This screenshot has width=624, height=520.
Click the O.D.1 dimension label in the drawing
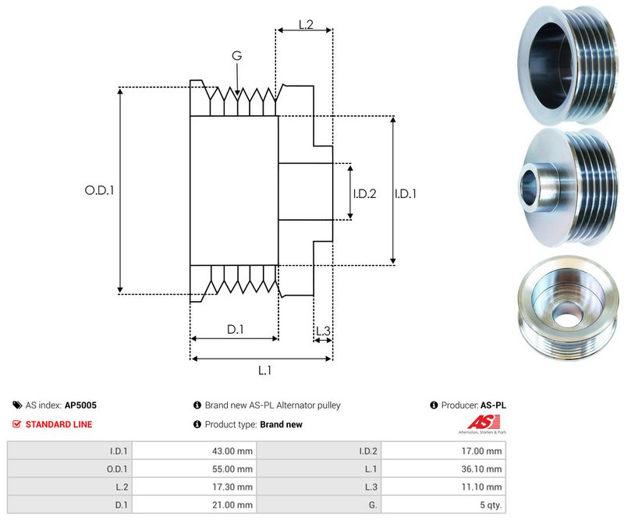point(99,189)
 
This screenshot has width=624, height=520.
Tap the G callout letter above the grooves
point(236,55)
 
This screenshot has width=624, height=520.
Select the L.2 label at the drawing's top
point(305,25)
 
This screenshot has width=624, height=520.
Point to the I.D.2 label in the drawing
point(364,193)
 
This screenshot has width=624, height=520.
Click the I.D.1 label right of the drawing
point(406,193)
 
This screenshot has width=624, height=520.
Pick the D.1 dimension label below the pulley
point(235,330)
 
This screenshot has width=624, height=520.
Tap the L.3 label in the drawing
point(323,331)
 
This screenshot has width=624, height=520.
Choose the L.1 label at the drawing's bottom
point(264,370)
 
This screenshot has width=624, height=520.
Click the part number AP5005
point(80,405)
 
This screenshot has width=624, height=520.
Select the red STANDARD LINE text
point(58,425)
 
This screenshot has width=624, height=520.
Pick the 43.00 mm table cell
point(235,451)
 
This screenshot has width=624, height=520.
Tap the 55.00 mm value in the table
point(235,469)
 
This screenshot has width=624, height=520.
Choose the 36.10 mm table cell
point(484,469)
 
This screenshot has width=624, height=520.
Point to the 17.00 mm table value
point(484,451)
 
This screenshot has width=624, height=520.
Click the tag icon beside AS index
point(17,405)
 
